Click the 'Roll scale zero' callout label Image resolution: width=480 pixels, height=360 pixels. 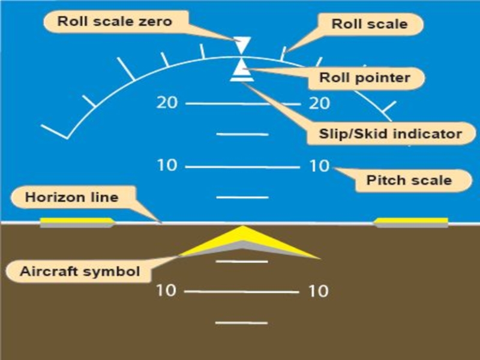pyautogui.click(x=115, y=22)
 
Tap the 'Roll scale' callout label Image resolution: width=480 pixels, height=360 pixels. pyautogui.click(x=369, y=24)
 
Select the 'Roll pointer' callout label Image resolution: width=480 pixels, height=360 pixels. pyautogui.click(x=364, y=77)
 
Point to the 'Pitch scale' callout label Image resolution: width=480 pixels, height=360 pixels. pyautogui.click(x=409, y=179)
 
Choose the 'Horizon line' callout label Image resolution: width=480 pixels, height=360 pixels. pyautogui.click(x=71, y=197)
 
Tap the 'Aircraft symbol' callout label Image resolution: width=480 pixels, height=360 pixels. pyautogui.click(x=80, y=271)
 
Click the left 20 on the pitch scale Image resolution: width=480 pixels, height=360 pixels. pyautogui.click(x=167, y=103)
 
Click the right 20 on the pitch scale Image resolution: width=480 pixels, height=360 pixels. pyautogui.click(x=319, y=103)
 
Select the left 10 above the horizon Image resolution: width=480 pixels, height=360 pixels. pyautogui.click(x=167, y=165)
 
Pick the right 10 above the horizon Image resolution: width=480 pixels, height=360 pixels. pyautogui.click(x=319, y=166)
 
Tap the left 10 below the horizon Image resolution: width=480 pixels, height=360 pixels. pyautogui.click(x=166, y=290)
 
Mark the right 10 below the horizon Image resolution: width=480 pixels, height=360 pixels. pyautogui.click(x=319, y=292)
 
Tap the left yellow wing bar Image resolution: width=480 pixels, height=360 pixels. pyautogui.click(x=76, y=223)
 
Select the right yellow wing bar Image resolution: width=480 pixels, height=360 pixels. pyautogui.click(x=412, y=223)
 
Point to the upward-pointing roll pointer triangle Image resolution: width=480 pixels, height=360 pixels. pyautogui.click(x=242, y=65)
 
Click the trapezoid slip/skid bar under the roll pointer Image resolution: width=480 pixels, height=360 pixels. pyautogui.click(x=242, y=76)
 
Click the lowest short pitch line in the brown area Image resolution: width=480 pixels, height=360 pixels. pyautogui.click(x=241, y=323)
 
